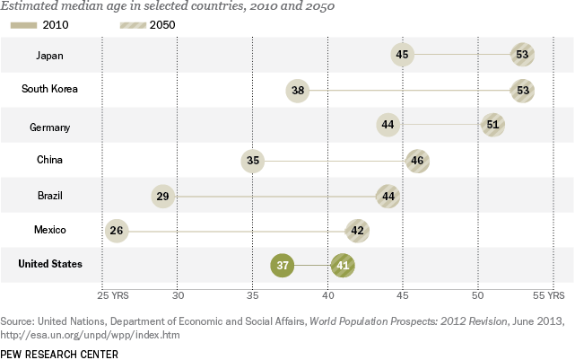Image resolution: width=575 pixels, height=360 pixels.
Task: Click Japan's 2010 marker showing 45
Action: [x=403, y=56]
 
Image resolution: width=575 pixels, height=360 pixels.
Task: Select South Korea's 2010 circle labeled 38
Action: [x=298, y=91]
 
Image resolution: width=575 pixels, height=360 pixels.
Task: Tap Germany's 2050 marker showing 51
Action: [x=492, y=125]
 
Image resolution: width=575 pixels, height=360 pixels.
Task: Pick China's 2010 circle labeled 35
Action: [x=253, y=161]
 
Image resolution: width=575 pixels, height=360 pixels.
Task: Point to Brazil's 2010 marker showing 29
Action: [x=162, y=196]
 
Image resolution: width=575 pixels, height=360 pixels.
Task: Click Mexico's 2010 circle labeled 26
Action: [x=117, y=231]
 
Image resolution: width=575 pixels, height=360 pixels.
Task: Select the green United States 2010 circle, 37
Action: [x=283, y=265]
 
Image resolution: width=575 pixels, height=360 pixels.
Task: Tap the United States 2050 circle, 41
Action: [x=343, y=265]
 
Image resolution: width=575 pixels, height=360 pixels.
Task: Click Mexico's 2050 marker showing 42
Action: [x=357, y=231]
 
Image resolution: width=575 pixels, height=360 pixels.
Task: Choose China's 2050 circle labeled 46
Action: [x=417, y=161]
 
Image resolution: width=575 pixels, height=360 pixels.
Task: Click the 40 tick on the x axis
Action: [x=328, y=294]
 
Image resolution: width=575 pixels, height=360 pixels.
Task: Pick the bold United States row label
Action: [x=52, y=264]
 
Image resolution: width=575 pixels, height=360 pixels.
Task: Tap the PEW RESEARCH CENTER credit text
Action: [x=59, y=352]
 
